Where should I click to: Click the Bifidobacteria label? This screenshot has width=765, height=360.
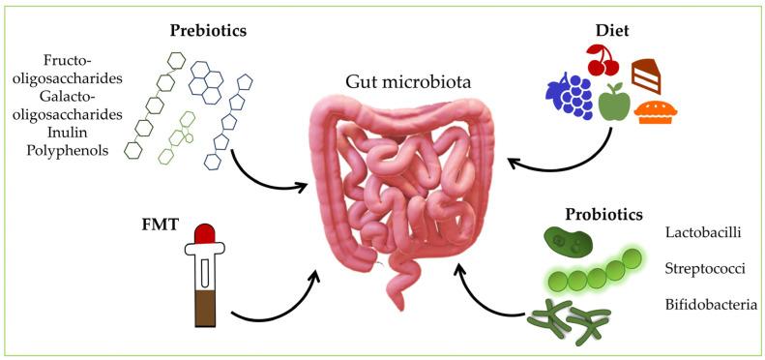711,306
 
